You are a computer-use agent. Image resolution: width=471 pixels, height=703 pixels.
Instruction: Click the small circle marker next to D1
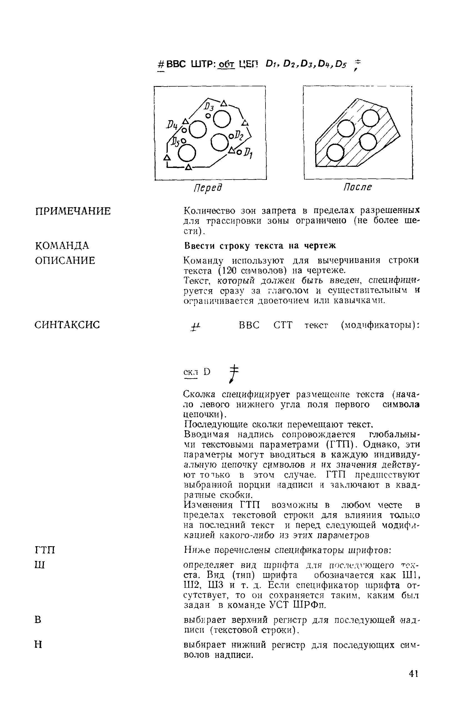[239, 152]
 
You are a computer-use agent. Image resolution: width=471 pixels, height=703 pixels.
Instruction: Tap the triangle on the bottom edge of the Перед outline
[188, 167]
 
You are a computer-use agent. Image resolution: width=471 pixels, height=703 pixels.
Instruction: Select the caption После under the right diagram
[357, 187]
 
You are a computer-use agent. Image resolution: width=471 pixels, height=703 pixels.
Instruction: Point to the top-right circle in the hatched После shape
[371, 118]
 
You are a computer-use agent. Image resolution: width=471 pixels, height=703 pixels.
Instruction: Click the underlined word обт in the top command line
[227, 65]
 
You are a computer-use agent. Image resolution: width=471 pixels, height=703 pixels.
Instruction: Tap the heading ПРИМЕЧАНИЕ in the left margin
[73, 211]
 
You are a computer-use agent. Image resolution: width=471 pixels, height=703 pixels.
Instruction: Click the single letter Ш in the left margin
[40, 566]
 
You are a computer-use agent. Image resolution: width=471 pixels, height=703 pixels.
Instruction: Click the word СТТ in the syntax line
[283, 325]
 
